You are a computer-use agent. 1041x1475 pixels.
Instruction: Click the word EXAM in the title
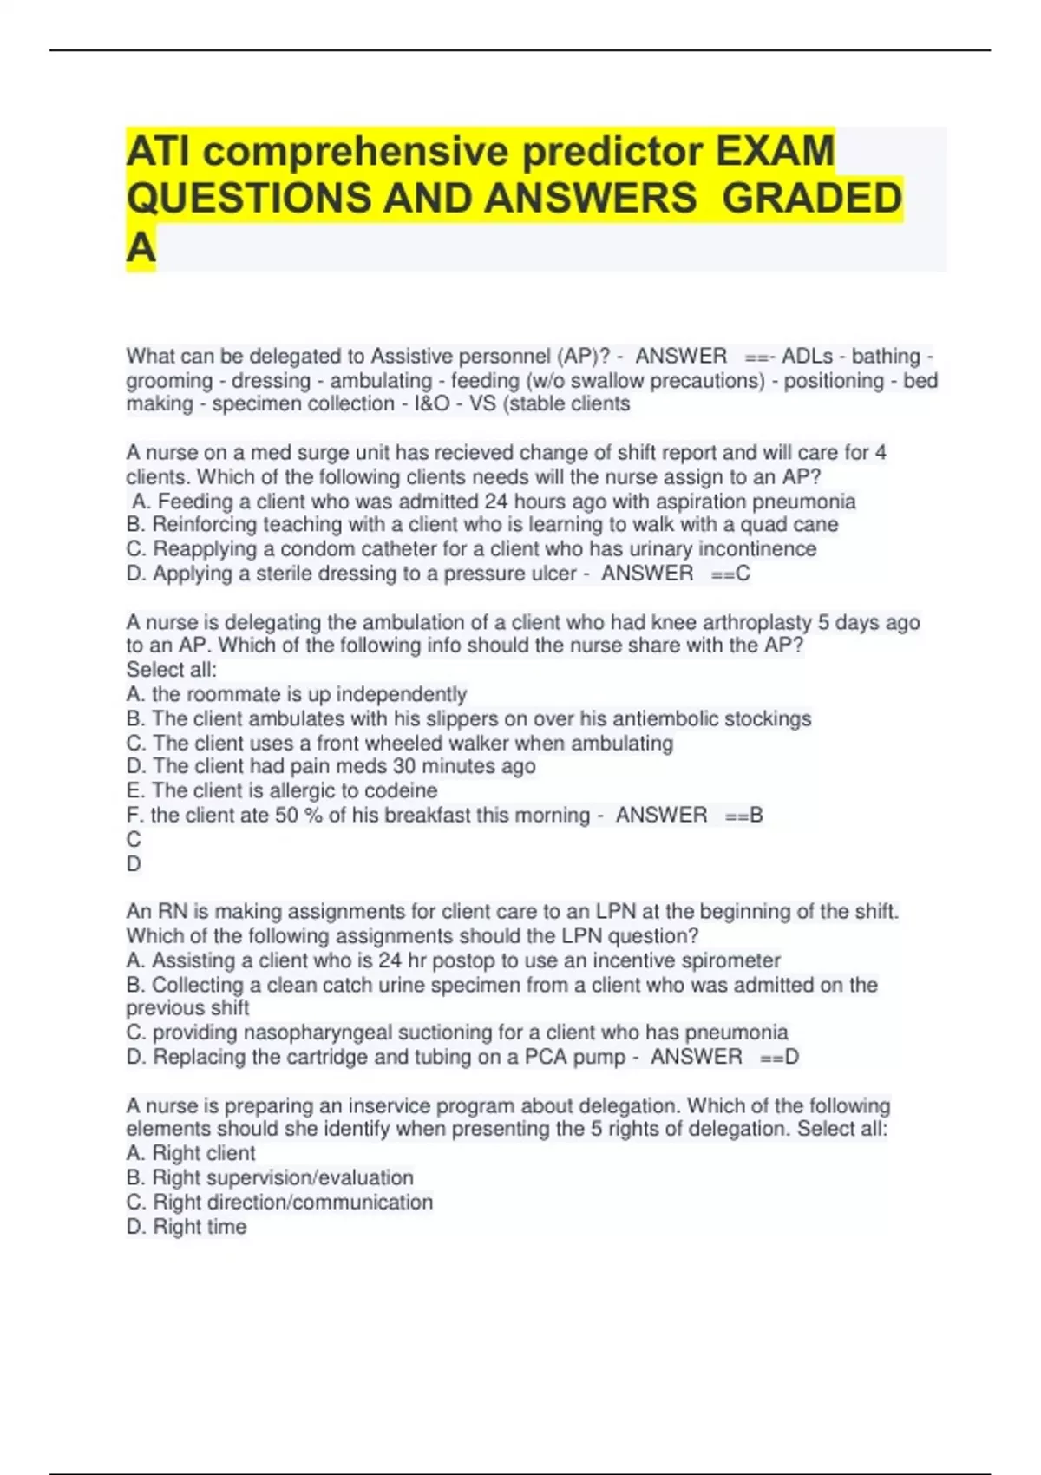point(775,151)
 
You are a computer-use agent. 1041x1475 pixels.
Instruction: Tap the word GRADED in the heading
point(812,198)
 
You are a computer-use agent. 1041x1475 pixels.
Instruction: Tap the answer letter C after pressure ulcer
point(743,574)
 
